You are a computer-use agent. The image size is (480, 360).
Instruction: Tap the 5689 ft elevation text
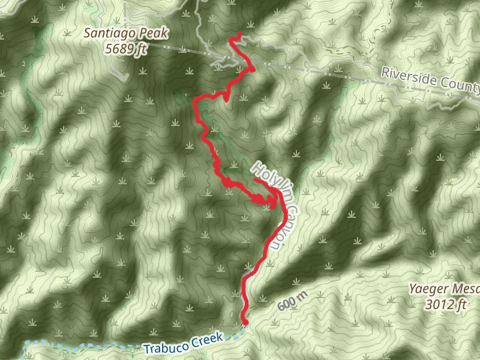click(125, 50)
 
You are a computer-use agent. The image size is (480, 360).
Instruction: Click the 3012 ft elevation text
click(445, 305)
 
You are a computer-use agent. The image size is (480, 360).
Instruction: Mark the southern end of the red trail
click(245, 322)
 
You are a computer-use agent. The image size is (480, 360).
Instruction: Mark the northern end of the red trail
click(239, 34)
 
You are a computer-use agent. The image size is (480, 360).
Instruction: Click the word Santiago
click(106, 34)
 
